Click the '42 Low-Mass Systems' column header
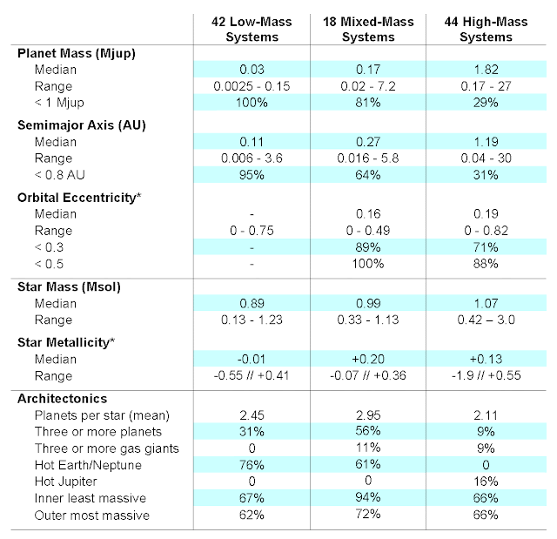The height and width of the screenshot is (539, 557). (x=252, y=29)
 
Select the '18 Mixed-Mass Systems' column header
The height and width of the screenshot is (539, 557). (x=368, y=29)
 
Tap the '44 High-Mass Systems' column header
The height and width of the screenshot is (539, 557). (x=486, y=29)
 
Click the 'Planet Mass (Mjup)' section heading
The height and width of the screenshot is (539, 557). (x=77, y=54)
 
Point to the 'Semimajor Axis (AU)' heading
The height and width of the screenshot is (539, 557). (x=82, y=125)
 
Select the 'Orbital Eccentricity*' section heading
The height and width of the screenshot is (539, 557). (x=79, y=198)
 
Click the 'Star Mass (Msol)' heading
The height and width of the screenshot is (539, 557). (x=69, y=286)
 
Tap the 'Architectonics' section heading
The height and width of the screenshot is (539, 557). (x=62, y=399)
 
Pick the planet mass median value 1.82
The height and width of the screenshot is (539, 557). (x=486, y=70)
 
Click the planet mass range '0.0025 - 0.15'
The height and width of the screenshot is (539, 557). (x=252, y=86)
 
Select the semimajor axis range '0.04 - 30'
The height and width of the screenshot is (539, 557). (x=486, y=158)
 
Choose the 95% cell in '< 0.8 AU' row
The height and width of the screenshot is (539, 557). (x=252, y=175)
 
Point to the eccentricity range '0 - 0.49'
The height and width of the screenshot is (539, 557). (x=368, y=231)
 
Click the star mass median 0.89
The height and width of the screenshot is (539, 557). (x=252, y=303)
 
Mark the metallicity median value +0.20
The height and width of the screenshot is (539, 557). (x=368, y=359)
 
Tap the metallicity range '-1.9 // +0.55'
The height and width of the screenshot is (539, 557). (x=486, y=375)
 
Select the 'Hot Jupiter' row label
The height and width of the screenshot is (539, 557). (x=66, y=482)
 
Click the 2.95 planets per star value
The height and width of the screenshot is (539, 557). (x=368, y=415)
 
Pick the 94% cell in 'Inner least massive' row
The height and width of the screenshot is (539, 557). (x=368, y=497)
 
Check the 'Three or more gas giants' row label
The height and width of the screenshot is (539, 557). (x=106, y=448)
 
